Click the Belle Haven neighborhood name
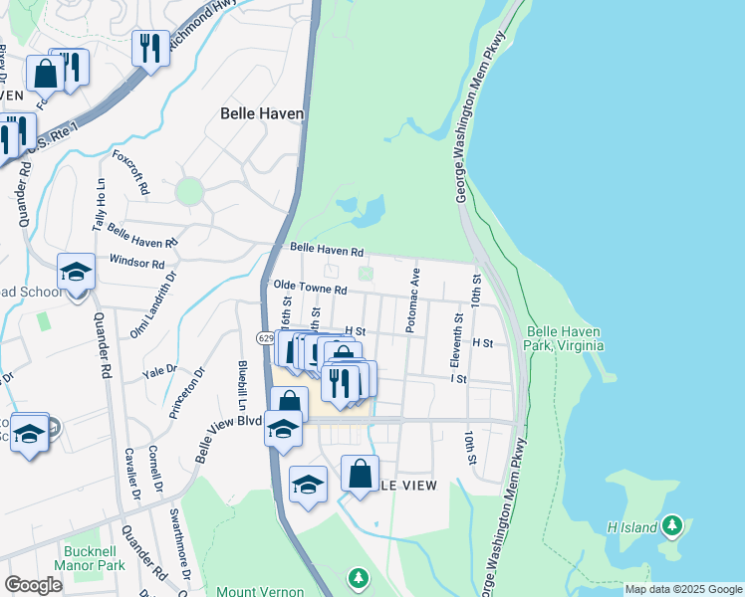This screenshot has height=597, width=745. (x=261, y=113)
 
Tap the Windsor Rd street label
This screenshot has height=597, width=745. (x=136, y=263)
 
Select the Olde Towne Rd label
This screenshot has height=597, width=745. (x=310, y=289)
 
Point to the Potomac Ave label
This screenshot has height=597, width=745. (x=413, y=299)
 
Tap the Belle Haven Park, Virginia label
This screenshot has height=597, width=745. (x=565, y=338)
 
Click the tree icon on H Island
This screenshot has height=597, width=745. (x=673, y=524)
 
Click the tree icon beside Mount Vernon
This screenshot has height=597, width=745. (x=358, y=577)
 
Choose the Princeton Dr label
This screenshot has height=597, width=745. (x=188, y=392)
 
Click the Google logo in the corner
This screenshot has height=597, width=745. (x=34, y=585)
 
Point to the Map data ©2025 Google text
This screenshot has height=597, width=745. (x=683, y=589)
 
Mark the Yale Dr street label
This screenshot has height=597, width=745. (x=157, y=373)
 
